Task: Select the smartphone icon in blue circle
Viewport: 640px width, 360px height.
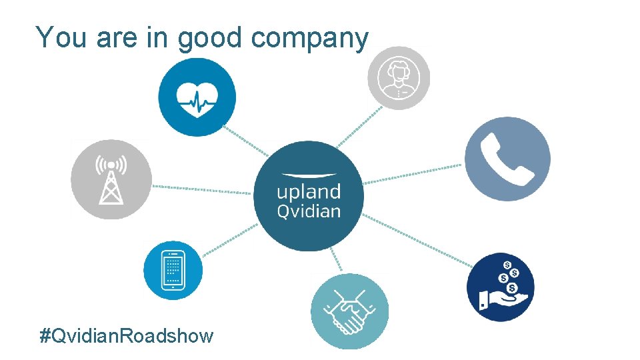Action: [x=173, y=271]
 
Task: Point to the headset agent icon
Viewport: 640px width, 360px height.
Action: [x=399, y=77]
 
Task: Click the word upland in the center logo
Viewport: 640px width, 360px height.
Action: [x=309, y=193]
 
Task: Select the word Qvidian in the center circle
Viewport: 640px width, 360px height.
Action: [x=309, y=212]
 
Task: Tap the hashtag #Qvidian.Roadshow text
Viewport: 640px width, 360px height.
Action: [x=127, y=335]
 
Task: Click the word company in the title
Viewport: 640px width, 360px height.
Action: [x=309, y=38]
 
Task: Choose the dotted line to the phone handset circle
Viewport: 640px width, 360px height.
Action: [x=413, y=174]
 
